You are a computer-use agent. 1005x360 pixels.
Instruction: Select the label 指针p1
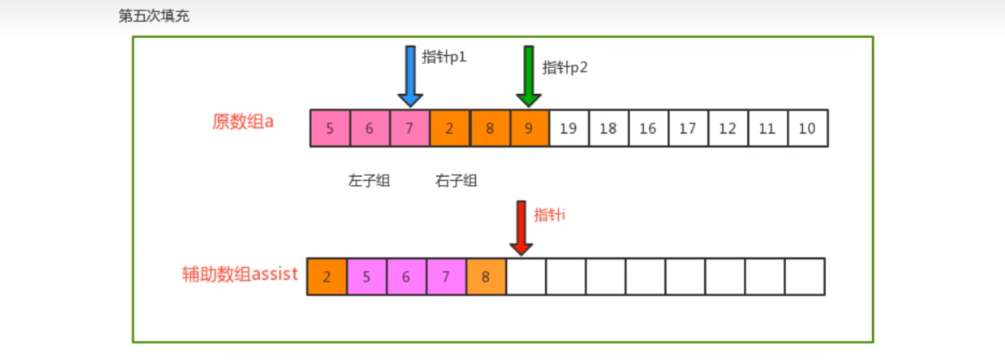(x=444, y=57)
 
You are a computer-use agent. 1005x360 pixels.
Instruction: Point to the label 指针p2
(x=565, y=67)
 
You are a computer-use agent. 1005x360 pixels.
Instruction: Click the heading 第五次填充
(x=154, y=16)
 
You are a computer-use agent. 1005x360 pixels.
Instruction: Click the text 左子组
(x=369, y=181)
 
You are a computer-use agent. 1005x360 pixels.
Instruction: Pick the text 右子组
(x=456, y=181)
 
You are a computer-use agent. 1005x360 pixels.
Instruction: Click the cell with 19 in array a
(x=569, y=128)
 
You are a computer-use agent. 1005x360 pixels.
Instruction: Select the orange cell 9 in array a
(x=529, y=128)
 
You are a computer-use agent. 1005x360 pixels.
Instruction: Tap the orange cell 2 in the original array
(x=449, y=128)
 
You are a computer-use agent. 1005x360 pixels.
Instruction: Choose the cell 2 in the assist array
(x=327, y=277)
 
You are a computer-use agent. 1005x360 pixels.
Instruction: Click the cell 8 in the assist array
(x=485, y=277)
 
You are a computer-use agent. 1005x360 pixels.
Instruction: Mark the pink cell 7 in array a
(x=409, y=128)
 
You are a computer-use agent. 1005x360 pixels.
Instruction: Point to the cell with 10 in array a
(x=807, y=128)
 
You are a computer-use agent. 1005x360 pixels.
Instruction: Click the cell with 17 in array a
(x=687, y=128)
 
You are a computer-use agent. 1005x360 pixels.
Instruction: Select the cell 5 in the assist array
(x=367, y=277)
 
